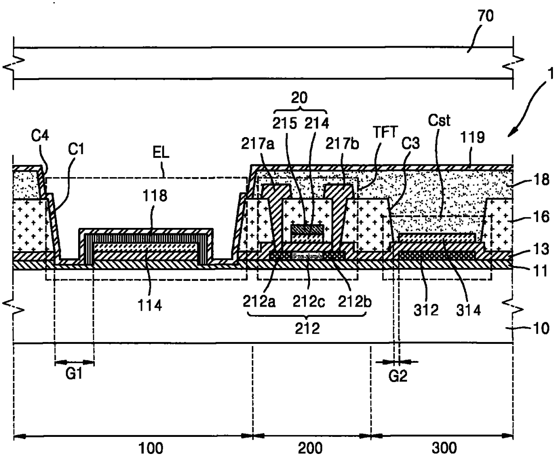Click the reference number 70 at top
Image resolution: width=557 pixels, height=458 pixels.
486,16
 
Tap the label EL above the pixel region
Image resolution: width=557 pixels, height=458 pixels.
161,152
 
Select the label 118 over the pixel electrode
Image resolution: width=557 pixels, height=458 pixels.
155,196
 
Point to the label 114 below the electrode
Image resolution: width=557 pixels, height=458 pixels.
150,306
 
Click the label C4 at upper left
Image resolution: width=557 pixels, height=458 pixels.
40,136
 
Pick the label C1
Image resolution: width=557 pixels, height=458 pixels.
76,149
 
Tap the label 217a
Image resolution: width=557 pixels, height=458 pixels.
257,144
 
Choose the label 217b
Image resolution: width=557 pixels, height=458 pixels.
342,144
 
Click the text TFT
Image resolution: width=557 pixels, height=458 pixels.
385,132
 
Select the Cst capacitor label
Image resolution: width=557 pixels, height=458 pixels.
439,120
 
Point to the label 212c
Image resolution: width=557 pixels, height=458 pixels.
309,302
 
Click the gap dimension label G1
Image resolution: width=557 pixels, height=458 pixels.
74,374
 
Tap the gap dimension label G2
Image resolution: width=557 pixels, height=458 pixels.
398,376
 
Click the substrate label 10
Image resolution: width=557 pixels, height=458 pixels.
541,329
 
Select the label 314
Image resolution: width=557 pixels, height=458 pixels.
468,310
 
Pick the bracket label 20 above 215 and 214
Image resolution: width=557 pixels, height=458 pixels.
299,98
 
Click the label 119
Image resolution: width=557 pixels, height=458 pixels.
473,138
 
